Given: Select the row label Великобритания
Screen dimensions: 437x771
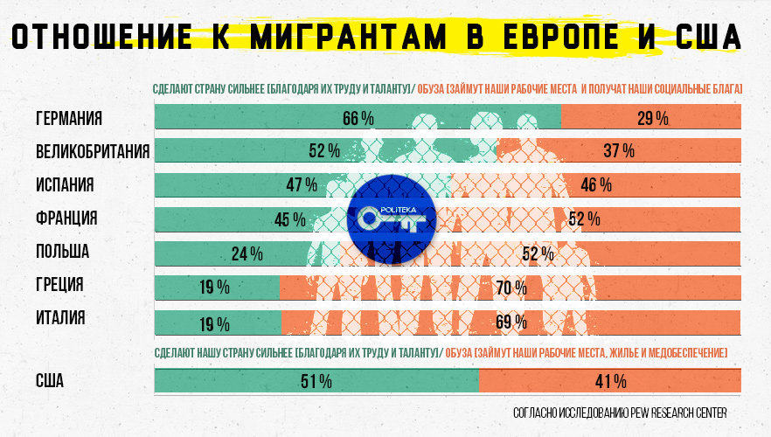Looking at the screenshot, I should [93, 151].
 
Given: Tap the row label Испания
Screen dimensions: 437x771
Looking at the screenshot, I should [65, 184].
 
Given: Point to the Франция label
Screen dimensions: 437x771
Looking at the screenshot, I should [66, 218].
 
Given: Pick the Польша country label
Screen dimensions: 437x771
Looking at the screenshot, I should [63, 252].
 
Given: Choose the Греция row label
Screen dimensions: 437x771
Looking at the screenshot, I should [59, 285].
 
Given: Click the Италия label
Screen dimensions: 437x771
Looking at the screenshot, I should [60, 318].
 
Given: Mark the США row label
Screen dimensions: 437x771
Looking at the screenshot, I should [50, 381].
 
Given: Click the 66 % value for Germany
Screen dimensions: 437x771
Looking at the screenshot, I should [358, 119].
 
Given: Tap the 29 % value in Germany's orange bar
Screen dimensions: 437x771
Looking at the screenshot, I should [652, 119].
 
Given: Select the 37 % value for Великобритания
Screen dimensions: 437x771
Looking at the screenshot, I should [618, 151].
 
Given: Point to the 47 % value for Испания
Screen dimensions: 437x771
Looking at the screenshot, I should [301, 185].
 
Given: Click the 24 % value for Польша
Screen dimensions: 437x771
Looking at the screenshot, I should [247, 254].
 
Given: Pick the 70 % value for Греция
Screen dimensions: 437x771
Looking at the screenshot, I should [511, 288].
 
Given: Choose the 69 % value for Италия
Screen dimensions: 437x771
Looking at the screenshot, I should [511, 322].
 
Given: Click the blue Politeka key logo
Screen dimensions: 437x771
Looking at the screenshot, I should [391, 218].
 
